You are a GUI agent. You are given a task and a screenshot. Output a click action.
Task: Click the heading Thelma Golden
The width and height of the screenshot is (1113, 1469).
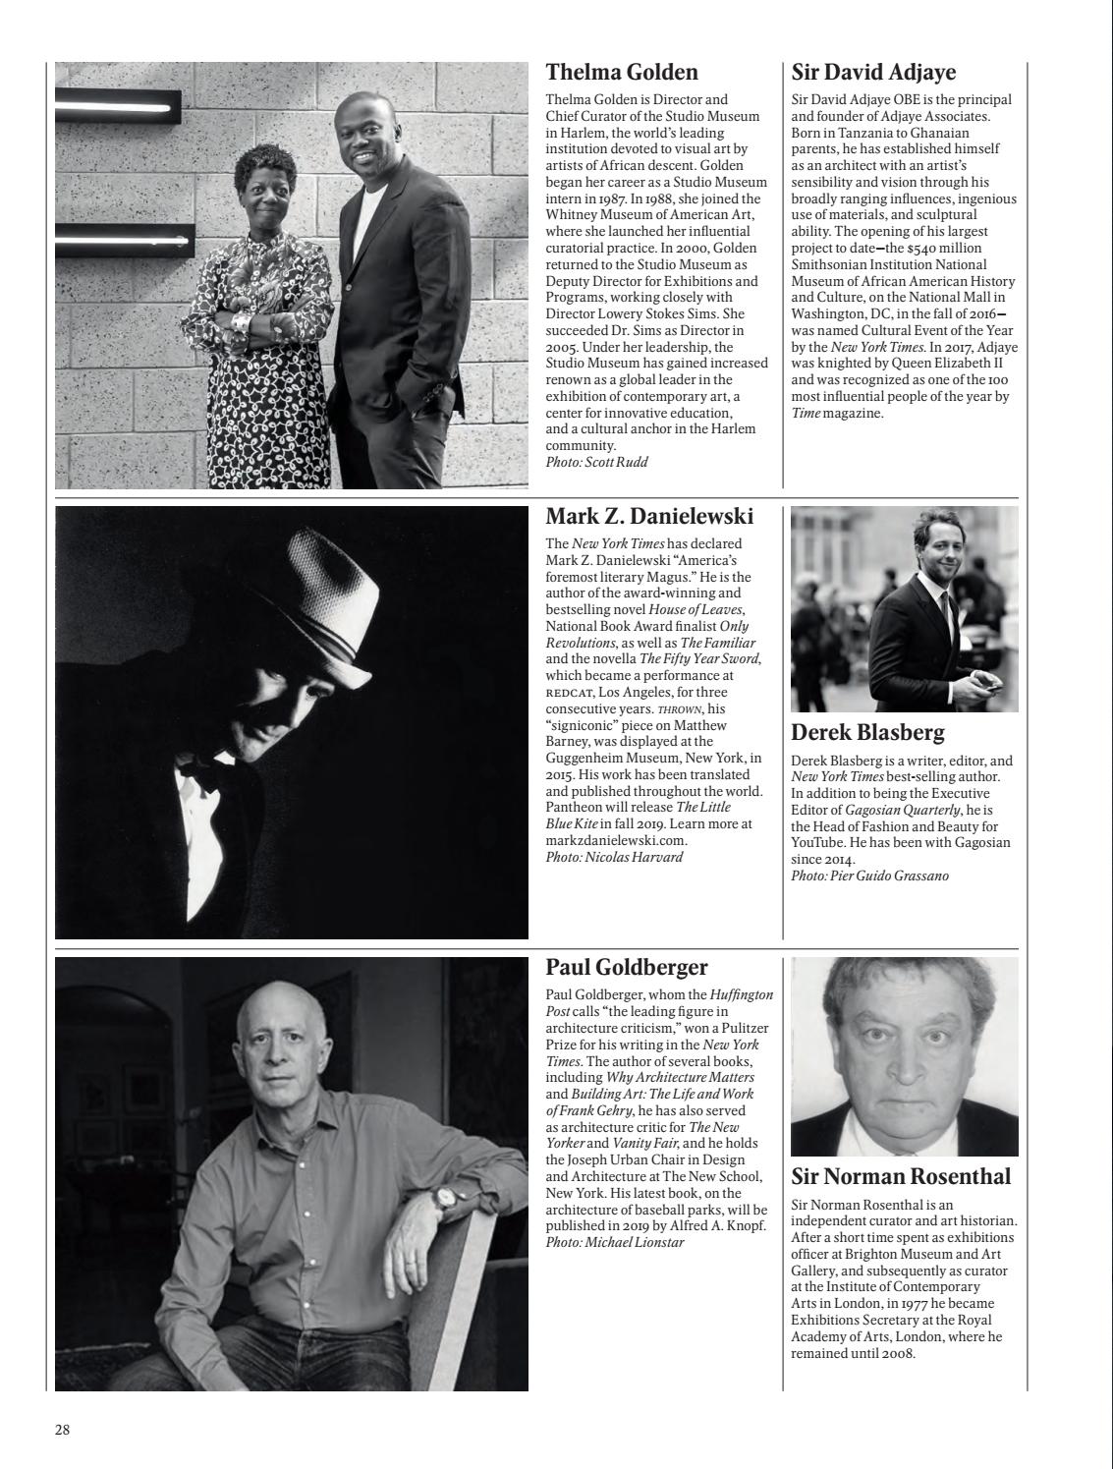click(621, 73)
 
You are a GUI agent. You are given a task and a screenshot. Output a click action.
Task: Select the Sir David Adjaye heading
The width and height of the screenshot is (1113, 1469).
click(873, 73)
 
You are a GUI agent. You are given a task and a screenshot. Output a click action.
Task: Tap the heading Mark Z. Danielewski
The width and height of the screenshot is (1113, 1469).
click(648, 517)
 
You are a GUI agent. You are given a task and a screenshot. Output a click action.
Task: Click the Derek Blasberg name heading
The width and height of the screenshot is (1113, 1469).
click(867, 733)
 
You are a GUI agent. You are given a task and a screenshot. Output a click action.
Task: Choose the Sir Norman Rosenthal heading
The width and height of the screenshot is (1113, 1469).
click(901, 1176)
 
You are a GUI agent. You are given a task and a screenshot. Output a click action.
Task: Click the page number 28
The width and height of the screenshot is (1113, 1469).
click(62, 1430)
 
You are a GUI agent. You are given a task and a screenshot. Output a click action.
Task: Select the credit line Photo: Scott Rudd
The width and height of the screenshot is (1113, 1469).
click(596, 462)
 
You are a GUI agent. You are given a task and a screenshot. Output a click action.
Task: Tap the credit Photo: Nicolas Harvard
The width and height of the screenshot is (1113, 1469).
click(613, 857)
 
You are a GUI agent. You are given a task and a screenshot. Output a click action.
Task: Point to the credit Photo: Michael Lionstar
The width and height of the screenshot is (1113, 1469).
click(614, 1242)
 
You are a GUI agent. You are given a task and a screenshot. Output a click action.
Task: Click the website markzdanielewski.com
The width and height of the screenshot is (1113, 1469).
click(616, 840)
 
